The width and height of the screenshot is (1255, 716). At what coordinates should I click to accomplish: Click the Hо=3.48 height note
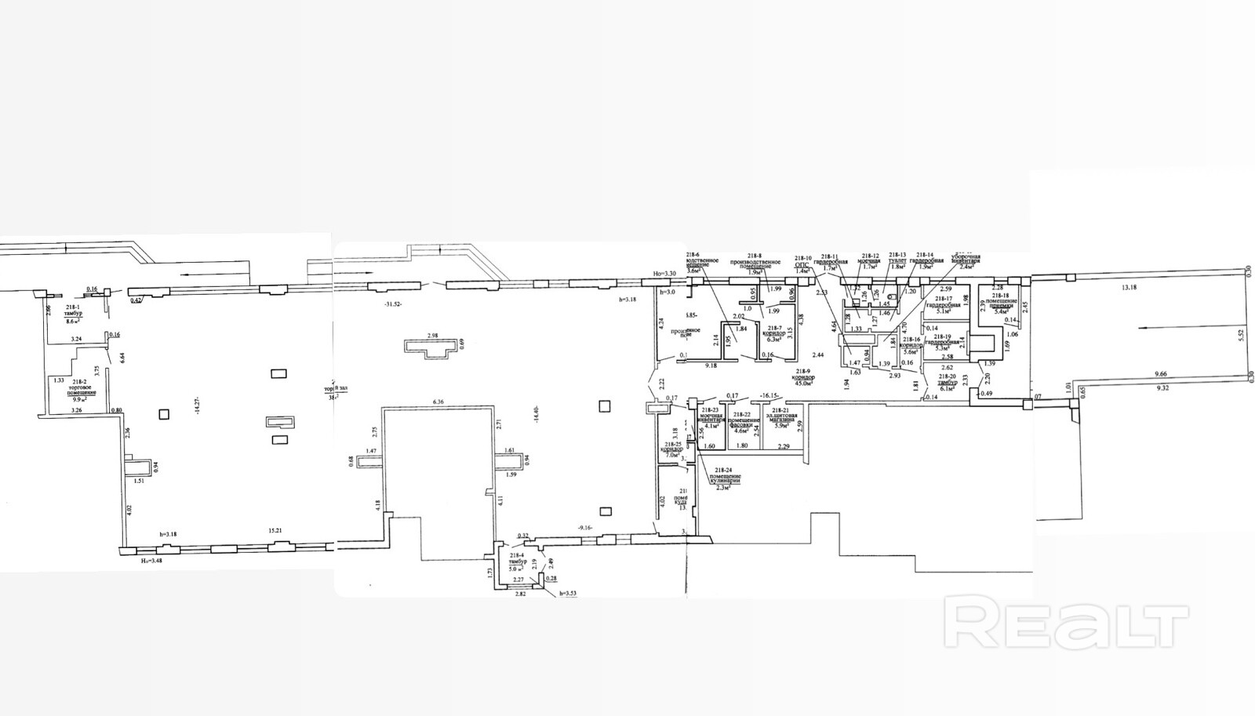(145, 562)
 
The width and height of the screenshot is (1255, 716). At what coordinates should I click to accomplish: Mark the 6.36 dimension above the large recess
(437, 402)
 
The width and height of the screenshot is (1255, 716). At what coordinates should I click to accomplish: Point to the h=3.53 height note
(562, 594)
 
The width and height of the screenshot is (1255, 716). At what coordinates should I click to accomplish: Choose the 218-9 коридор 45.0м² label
(803, 378)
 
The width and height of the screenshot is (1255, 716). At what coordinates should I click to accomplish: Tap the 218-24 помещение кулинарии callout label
(718, 480)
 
